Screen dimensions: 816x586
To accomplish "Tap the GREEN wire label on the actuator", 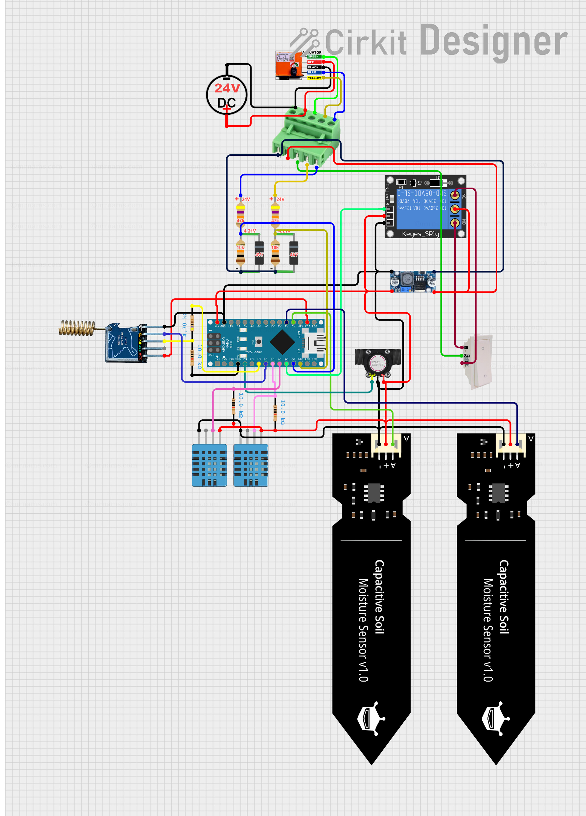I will (313, 56).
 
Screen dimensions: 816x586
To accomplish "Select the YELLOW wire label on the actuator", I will (314, 78).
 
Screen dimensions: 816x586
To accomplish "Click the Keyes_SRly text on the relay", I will (420, 234).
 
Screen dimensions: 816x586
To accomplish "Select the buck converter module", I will (413, 281).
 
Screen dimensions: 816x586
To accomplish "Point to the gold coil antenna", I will (77, 328).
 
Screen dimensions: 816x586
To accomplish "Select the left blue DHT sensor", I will (209, 465).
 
